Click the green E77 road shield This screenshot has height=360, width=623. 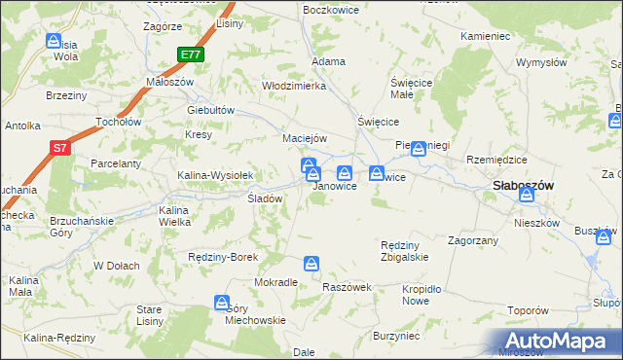click(191, 55)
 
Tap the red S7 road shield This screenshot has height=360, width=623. click(60, 149)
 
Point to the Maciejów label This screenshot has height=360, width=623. click(304, 137)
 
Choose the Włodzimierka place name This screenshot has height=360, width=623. click(293, 86)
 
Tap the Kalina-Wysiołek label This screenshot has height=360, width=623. click(215, 175)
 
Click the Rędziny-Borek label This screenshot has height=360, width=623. click(223, 257)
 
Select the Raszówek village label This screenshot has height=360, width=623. click(348, 288)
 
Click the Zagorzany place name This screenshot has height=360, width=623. click(473, 239)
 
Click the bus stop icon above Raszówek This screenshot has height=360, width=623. click(311, 264)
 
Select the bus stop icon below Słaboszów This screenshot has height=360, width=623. click(527, 196)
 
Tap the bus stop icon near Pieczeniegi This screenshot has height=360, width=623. click(419, 149)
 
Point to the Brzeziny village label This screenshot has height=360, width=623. click(66, 95)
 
